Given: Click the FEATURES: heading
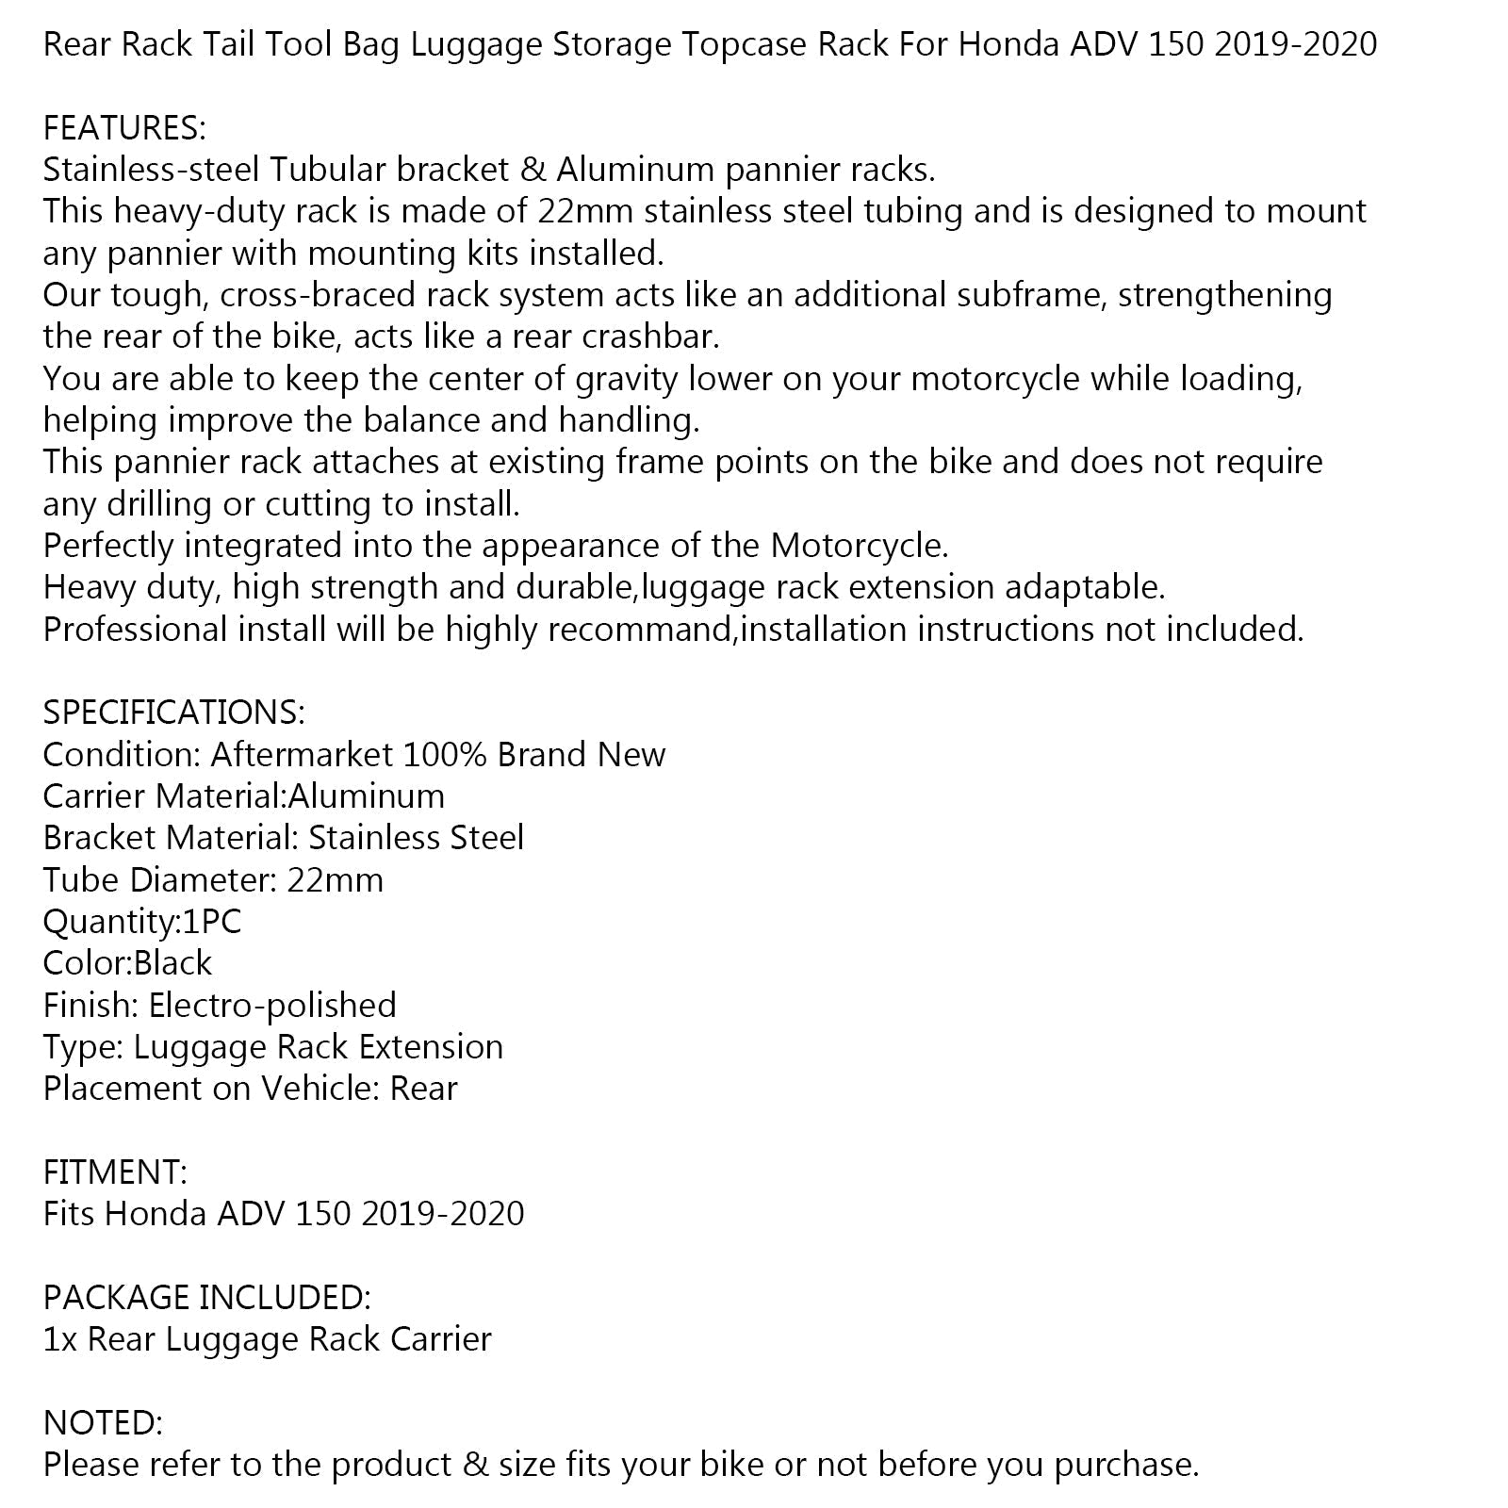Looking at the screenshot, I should pos(124,127).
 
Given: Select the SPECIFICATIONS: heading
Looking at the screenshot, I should pos(174,713).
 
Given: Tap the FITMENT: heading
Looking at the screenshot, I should pos(115,1172).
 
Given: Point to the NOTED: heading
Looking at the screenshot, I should pos(103,1423).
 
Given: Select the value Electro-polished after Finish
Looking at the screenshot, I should pos(272,1006).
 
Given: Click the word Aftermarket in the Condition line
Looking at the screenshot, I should pos(302,754).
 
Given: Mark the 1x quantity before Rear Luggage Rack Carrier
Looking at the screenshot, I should pos(60,1339).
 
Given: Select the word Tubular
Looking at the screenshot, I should pos(328,170).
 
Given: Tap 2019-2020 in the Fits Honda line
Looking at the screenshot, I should pos(442,1213).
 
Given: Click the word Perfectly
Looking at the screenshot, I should pos(108,546).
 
